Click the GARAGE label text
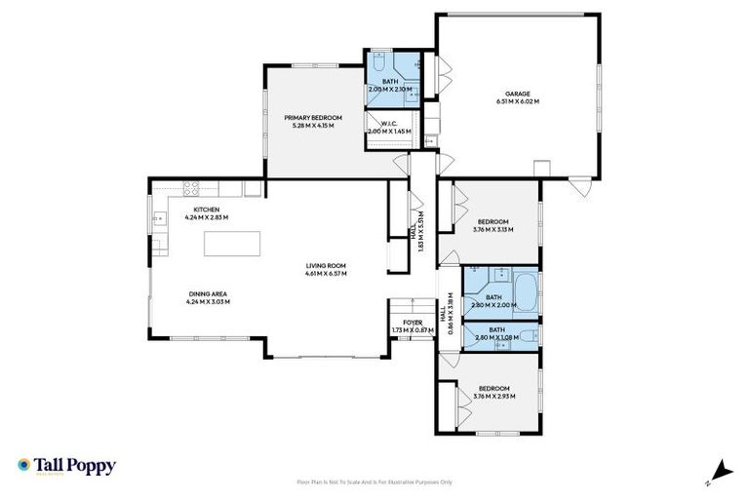(516, 94)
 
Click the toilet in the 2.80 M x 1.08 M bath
(527, 336)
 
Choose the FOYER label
(402, 323)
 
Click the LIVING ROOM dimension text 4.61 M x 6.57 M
(326, 273)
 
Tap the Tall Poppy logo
(66, 466)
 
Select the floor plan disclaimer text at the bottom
(374, 481)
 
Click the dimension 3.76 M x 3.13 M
(493, 230)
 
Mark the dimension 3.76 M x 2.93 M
(493, 397)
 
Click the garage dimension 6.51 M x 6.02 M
(516, 101)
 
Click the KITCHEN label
(206, 210)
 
